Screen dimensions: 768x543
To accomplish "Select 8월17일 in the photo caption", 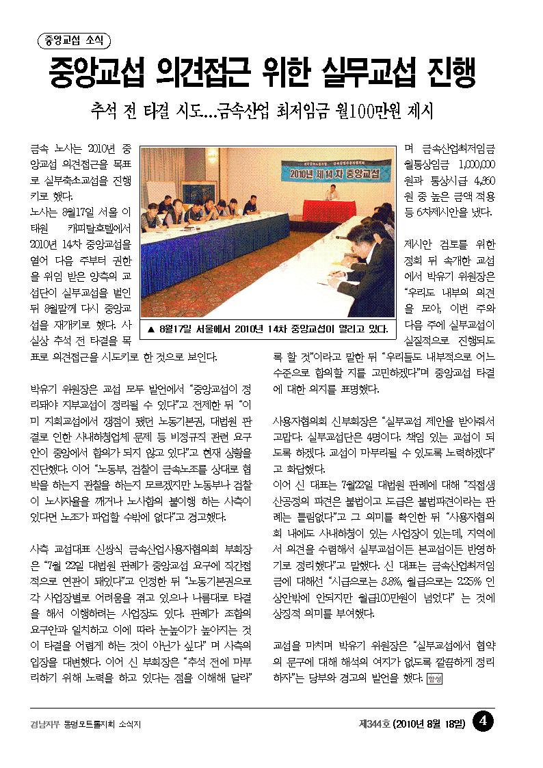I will coord(177,329).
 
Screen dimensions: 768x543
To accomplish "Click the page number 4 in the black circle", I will coord(484,721).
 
